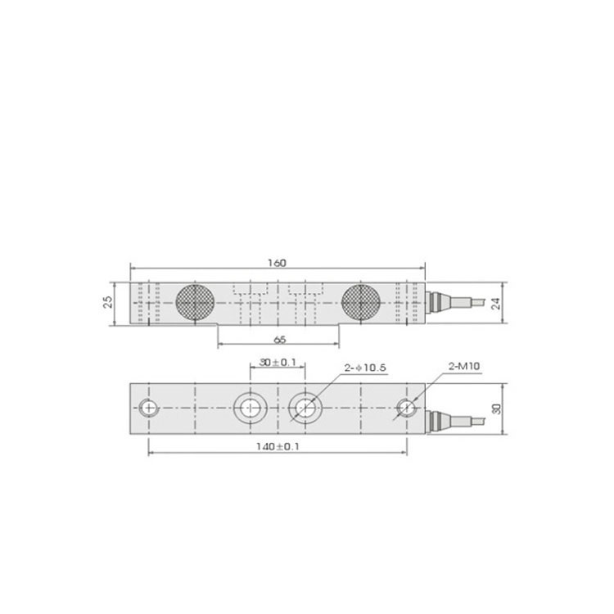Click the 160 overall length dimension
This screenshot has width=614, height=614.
278,263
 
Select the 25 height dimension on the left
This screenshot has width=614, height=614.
108,302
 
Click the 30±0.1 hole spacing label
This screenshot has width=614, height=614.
277,361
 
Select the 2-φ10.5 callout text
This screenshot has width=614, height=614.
364,369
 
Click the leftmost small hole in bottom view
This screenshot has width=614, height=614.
147,407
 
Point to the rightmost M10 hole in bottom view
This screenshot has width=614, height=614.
406,407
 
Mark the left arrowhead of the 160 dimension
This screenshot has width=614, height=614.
133,270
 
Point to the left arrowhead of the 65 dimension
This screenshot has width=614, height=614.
220,345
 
